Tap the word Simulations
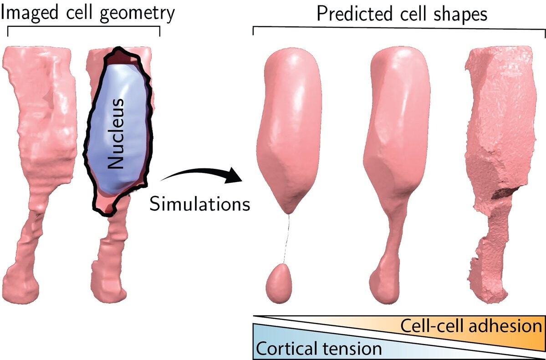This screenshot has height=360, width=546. point(200,203)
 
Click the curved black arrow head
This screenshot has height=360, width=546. point(235,175)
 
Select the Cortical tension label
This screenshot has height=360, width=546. point(318,349)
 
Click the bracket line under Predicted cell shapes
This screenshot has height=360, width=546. point(399,27)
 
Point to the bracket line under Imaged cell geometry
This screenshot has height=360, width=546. point(84,28)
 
